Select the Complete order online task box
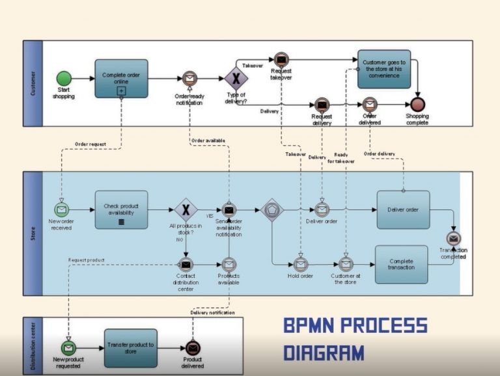tap(121, 79)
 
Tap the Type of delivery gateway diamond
tap(236, 79)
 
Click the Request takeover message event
tap(281, 60)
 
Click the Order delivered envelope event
tap(370, 104)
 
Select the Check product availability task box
tap(121, 209)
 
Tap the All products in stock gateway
tap(186, 209)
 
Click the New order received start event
tap(61, 210)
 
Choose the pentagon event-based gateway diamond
tap(273, 210)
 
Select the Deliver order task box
tap(403, 209)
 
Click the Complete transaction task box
tap(401, 264)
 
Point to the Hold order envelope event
tap(300, 264)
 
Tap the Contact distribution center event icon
tap(186, 264)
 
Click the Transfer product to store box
tap(131, 348)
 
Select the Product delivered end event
tap(193, 348)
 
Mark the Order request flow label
tap(90, 144)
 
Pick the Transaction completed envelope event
tap(454, 239)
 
